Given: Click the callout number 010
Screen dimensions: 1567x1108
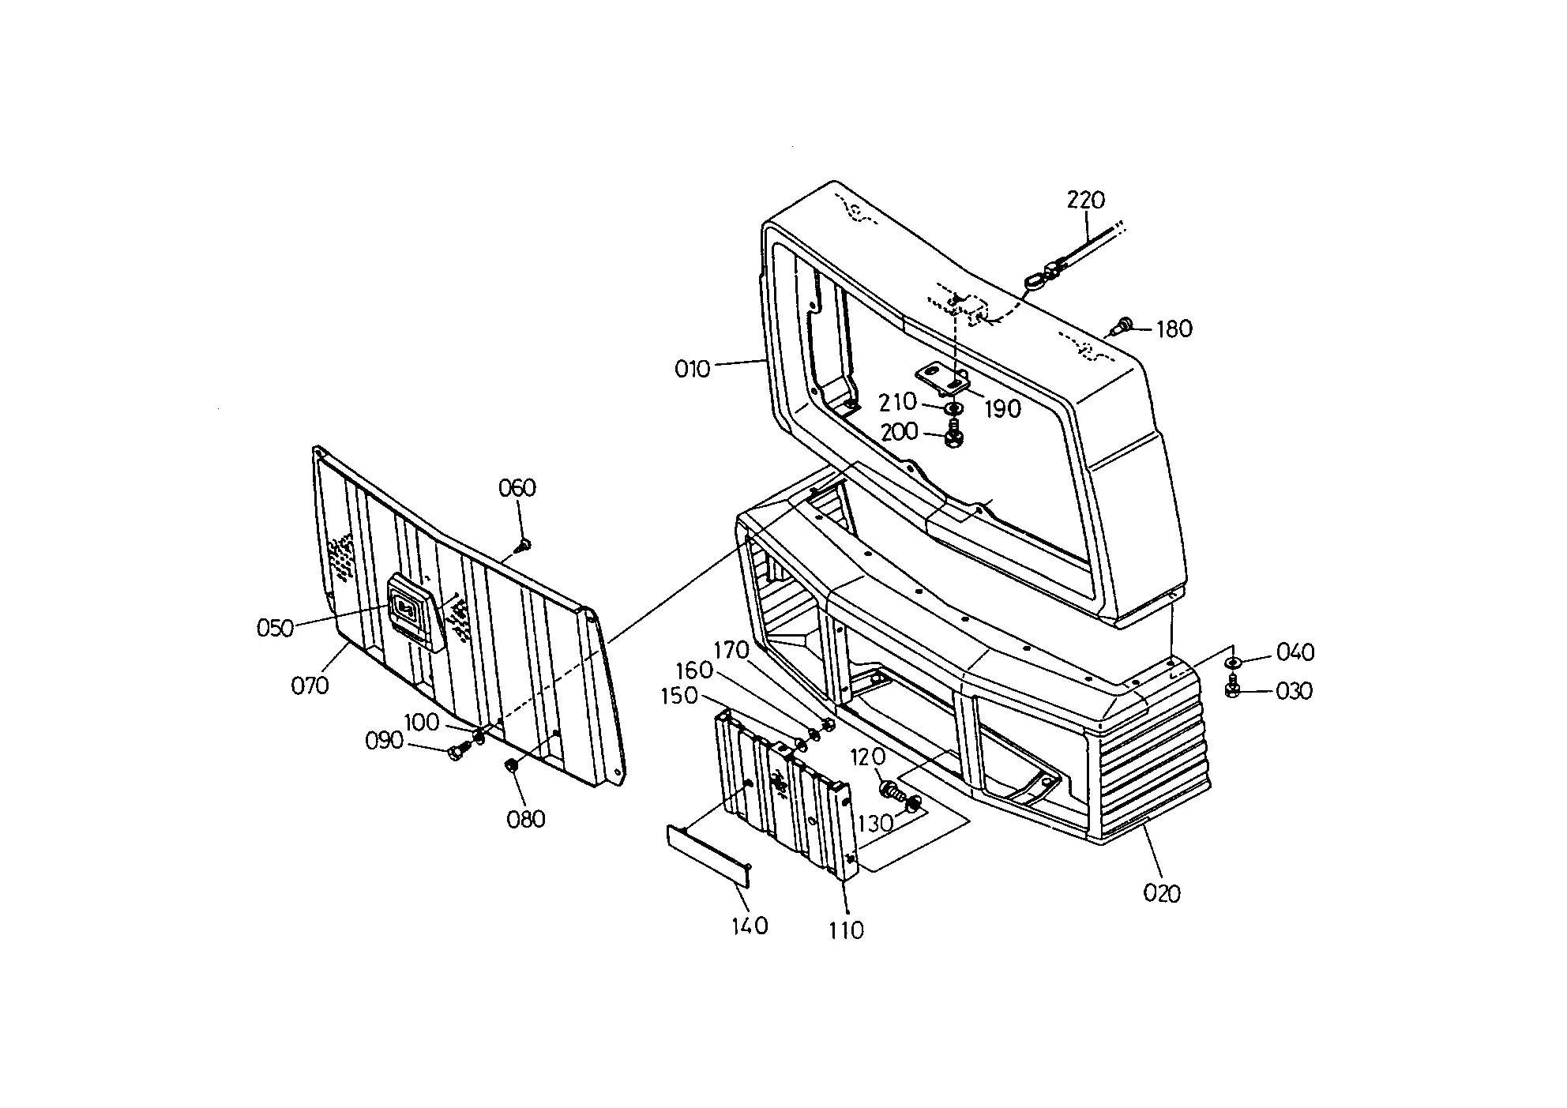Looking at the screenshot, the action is click(x=692, y=369).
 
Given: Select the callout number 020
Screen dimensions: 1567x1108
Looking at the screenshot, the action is click(x=1162, y=893).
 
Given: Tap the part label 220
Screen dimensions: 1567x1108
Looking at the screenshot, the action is click(x=1086, y=200).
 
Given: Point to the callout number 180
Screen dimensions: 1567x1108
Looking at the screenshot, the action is click(x=1174, y=329).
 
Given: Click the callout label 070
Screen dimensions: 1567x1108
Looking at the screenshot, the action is click(x=310, y=685).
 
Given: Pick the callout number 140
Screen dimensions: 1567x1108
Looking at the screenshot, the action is click(x=750, y=926).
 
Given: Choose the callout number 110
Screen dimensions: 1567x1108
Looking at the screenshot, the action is click(x=846, y=930).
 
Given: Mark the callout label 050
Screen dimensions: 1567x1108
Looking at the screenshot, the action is click(x=276, y=629).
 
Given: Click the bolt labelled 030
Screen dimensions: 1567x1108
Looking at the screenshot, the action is click(x=1232, y=689).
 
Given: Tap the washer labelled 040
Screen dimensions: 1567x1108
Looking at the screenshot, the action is click(x=1233, y=661).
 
